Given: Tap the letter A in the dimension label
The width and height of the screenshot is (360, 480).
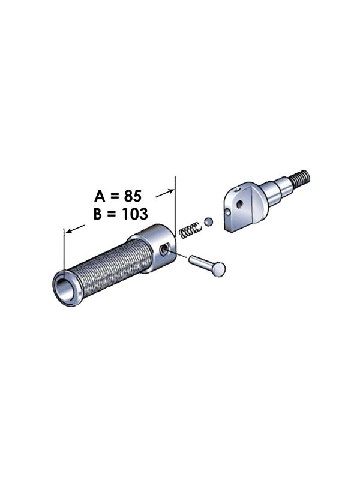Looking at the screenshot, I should click(101, 195).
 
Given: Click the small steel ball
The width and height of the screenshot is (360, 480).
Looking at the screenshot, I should click(208, 222).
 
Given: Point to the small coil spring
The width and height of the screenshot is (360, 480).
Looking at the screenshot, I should click(189, 229).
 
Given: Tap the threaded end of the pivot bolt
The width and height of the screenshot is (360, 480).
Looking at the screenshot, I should click(301, 177).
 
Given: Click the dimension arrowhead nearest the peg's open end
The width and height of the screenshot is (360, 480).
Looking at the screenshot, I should click(68, 230).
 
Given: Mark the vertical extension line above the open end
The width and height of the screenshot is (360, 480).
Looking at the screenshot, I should click(64, 252).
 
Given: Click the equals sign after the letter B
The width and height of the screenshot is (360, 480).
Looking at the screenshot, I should click(115, 214).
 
